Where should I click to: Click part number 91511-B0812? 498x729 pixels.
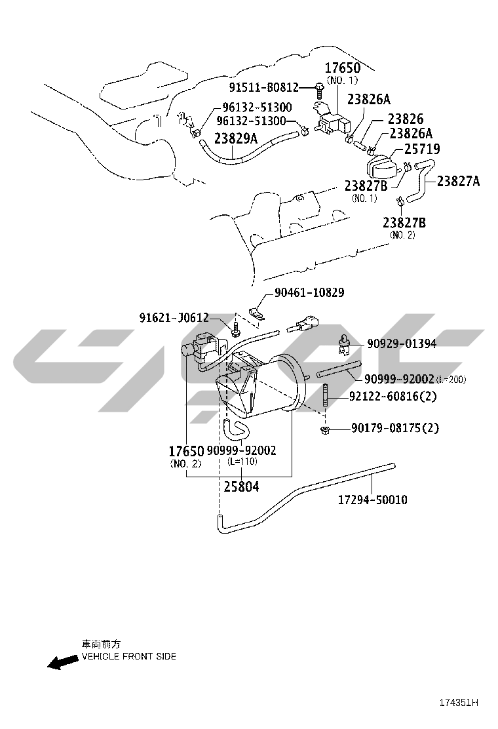[263, 87]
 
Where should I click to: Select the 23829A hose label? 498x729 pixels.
[235, 138]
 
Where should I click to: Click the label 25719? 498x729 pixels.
[422, 149]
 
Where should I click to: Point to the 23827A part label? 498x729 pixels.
[458, 181]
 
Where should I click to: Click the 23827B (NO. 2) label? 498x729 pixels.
[404, 227]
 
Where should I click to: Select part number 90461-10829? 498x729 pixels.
[309, 292]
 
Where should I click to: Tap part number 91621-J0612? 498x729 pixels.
[174, 317]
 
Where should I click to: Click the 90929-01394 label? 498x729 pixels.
[402, 344]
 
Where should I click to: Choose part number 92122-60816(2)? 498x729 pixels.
[393, 397]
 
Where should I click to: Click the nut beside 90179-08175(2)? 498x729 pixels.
[325, 429]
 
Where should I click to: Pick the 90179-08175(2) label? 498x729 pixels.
[394, 427]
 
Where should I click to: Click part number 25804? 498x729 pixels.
[241, 487]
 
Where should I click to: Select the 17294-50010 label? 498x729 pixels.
[372, 500]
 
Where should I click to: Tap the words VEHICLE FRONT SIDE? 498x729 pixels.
[128, 656]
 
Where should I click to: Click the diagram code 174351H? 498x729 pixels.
[459, 703]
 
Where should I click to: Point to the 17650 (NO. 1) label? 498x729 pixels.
[342, 73]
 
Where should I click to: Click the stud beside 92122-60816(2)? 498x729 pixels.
[325, 396]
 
